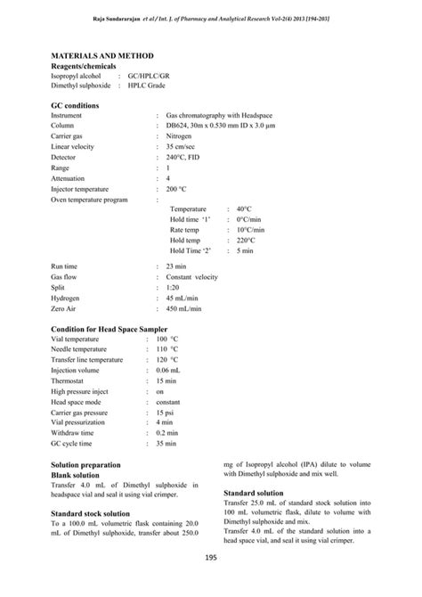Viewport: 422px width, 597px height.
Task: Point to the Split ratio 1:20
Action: click(x=174, y=288)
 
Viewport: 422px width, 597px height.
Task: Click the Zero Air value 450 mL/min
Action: click(x=184, y=309)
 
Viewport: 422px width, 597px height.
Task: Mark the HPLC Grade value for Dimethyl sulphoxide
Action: click(x=147, y=86)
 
